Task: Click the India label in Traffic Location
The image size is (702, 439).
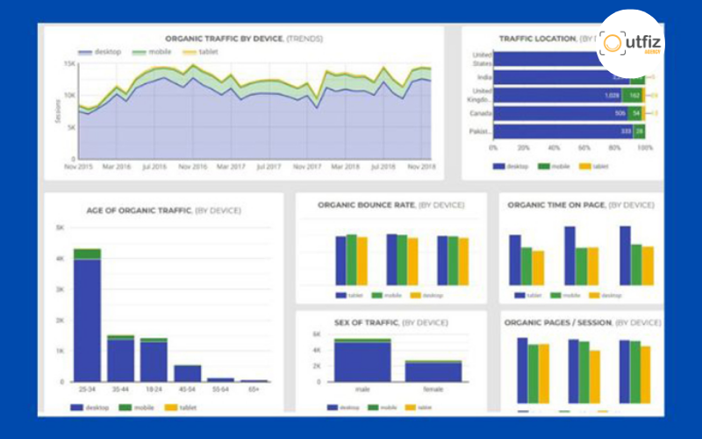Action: (x=482, y=76)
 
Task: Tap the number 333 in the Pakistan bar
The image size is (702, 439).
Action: (x=626, y=132)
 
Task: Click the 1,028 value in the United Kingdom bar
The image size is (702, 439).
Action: (x=612, y=95)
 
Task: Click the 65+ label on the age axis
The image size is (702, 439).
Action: (x=254, y=389)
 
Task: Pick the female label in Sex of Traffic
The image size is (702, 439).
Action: (x=433, y=389)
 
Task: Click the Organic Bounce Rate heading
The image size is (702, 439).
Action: (x=390, y=205)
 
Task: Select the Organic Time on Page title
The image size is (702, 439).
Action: (x=580, y=205)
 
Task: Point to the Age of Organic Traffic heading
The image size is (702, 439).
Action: (x=164, y=211)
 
